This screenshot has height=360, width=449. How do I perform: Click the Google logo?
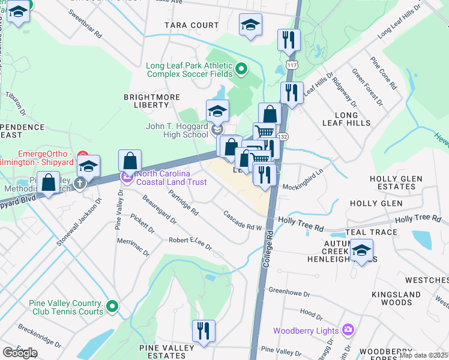20,352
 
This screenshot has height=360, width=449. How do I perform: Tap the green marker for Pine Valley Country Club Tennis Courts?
112,307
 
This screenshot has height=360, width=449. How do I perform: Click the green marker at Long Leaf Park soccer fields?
241,69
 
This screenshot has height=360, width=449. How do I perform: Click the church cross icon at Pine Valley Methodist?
79,183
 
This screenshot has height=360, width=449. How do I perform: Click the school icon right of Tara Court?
250,25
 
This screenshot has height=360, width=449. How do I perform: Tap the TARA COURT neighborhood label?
192,25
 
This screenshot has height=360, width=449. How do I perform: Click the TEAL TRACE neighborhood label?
372,232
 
